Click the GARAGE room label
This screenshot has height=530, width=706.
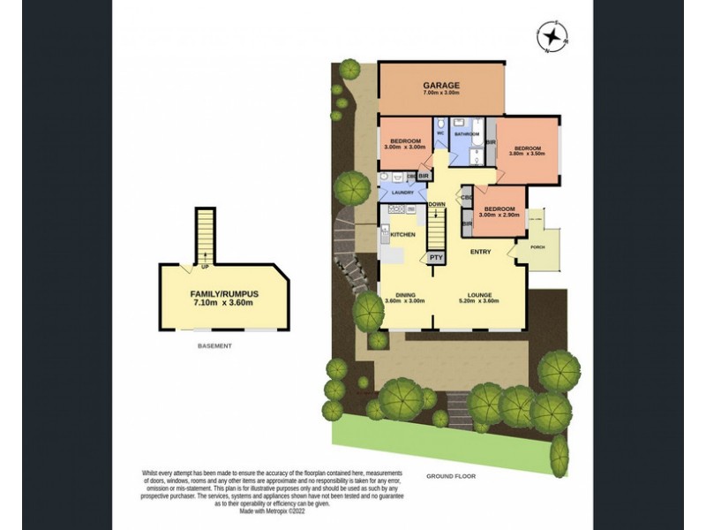point(439,86)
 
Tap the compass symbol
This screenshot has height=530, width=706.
point(553,37)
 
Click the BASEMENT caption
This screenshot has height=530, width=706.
point(214,345)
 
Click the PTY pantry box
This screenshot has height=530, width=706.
point(436,257)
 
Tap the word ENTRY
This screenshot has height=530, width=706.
point(480,252)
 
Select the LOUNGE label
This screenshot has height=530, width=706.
point(479,294)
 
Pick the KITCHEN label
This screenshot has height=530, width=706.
point(402,234)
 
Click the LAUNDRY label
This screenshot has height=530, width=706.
point(403,192)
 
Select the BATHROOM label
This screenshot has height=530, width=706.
point(466,134)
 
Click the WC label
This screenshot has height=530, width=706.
point(439,134)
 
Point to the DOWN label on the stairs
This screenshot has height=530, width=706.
point(436,204)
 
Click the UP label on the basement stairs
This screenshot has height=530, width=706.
point(206,265)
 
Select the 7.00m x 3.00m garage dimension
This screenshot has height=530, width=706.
point(439,94)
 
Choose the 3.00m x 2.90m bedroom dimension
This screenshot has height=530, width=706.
point(499,215)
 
